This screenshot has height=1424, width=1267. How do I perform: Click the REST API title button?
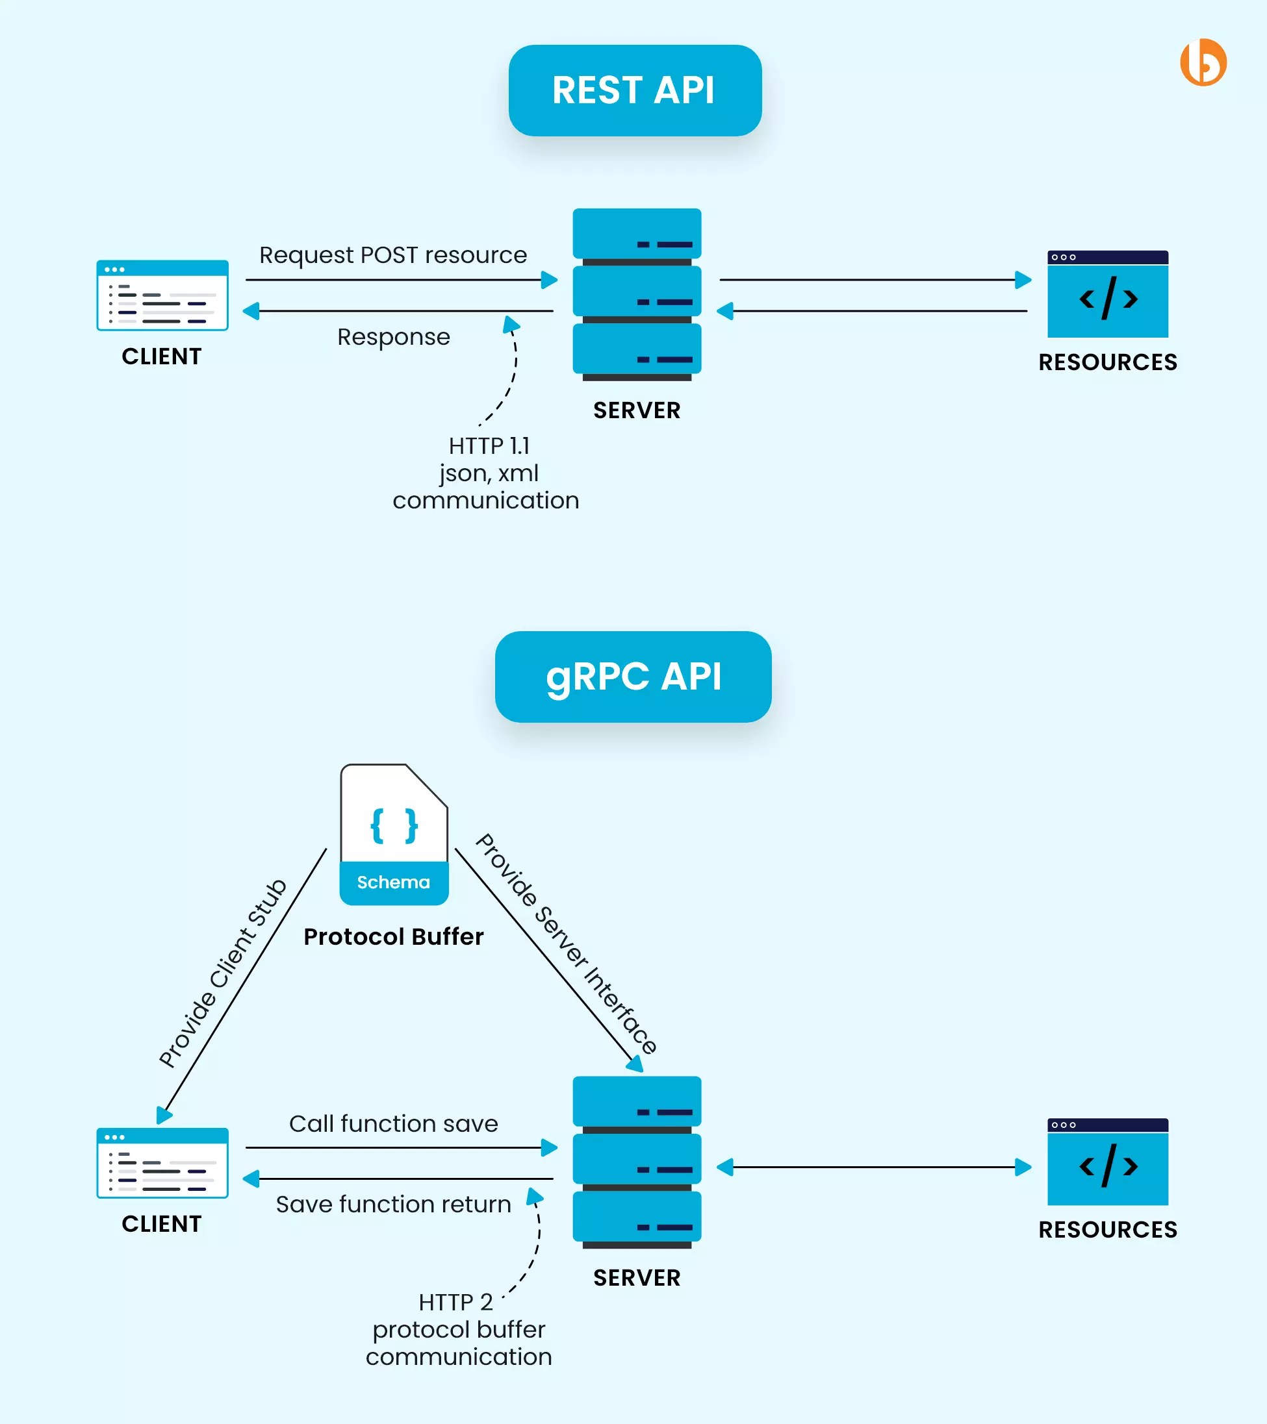pyautogui.click(x=634, y=90)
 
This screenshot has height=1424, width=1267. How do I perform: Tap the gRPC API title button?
pyautogui.click(x=633, y=677)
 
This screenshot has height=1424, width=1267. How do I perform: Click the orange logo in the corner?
pyautogui.click(x=1203, y=63)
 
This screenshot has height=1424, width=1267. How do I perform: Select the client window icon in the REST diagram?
pyautogui.click(x=162, y=295)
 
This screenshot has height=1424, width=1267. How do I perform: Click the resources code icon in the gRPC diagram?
pyautogui.click(x=1107, y=1162)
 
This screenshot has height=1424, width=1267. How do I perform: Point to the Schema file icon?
pyautogui.click(x=394, y=834)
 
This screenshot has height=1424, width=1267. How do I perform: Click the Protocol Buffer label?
pyautogui.click(x=394, y=936)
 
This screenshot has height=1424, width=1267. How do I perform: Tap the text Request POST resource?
pyautogui.click(x=393, y=255)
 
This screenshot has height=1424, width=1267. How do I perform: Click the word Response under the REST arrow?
pyautogui.click(x=394, y=337)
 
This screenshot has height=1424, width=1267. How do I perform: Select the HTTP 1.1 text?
pyautogui.click(x=489, y=446)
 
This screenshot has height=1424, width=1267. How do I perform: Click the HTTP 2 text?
pyautogui.click(x=455, y=1302)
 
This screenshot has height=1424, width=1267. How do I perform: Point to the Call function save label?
pyautogui.click(x=394, y=1124)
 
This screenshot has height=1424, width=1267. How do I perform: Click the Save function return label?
pyautogui.click(x=394, y=1205)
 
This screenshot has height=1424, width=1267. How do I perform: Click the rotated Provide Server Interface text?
pyautogui.click(x=566, y=944)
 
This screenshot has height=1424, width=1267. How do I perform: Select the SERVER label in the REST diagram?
pyautogui.click(x=637, y=410)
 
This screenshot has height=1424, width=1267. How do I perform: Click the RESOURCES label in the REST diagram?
pyautogui.click(x=1107, y=362)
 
